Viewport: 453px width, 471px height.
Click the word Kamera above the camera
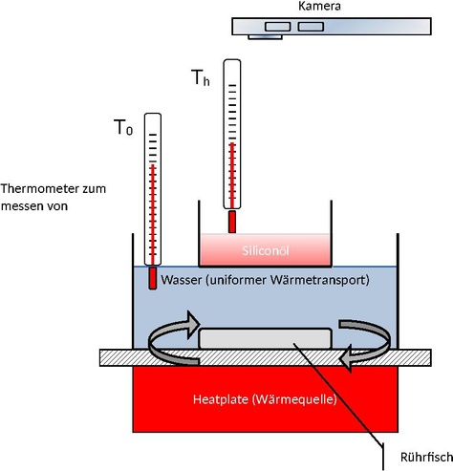point(319,6)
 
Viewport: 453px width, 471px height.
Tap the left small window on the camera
point(278,27)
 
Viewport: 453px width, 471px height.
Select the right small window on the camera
point(311,27)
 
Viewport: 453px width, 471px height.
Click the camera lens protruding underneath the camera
point(265,37)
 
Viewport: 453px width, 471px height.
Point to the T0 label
point(123,127)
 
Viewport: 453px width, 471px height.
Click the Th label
point(201,77)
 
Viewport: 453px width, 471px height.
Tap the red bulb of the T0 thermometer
point(153,278)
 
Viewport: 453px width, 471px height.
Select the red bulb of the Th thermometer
point(232,222)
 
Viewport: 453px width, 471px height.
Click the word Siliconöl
point(266,250)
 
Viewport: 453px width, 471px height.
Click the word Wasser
point(182,280)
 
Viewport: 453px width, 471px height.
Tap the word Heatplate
point(221,399)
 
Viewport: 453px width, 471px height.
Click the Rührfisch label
point(426,457)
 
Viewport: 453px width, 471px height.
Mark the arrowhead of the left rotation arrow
point(192,325)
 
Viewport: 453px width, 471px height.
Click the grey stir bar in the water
point(265,338)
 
